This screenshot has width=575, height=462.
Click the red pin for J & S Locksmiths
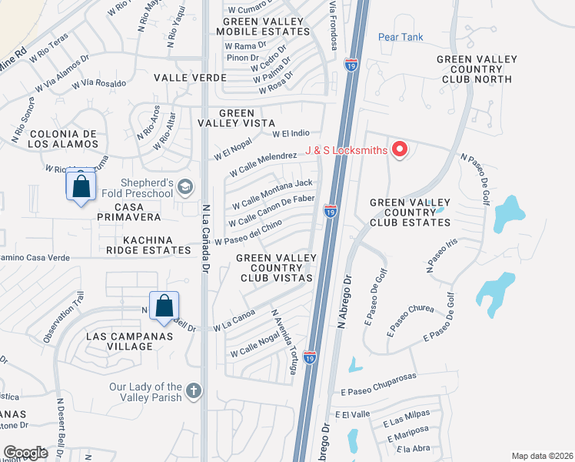coord(399,149)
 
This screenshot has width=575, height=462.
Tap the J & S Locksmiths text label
coord(346,150)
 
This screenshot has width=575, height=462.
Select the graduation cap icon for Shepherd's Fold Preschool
coord(184,186)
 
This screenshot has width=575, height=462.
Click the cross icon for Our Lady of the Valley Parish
coord(193,391)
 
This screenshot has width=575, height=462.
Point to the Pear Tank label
coord(401,37)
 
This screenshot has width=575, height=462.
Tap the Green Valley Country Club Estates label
coord(410,213)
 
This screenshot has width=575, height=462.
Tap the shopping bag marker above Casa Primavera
coord(81,187)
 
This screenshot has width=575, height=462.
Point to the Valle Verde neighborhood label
coord(190,78)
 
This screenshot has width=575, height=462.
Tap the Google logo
coord(25,453)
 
